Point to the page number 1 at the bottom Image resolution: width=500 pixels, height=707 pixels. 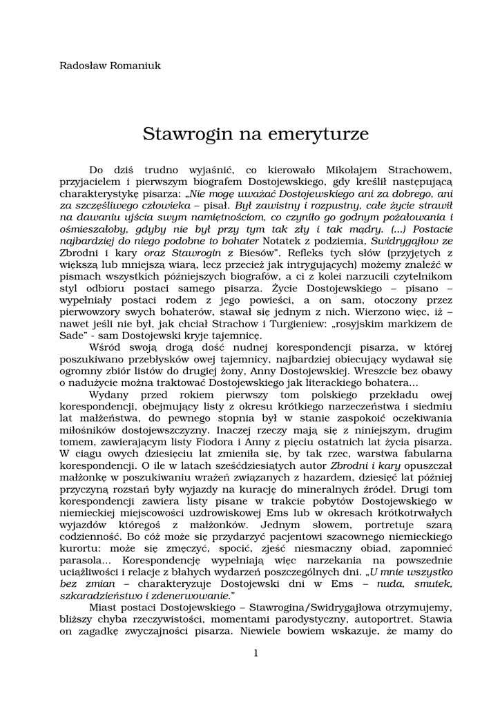click(255, 653)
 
